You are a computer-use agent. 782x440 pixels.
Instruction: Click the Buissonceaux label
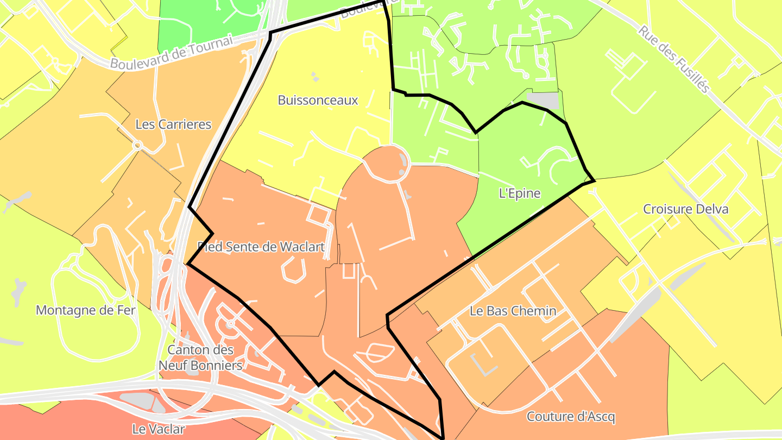click(x=318, y=100)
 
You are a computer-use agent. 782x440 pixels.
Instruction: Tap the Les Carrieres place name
click(x=173, y=124)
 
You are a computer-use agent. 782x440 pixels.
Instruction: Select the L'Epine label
click(x=520, y=193)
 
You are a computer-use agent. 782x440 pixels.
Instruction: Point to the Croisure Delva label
click(x=685, y=209)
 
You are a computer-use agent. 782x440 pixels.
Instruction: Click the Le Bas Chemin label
click(x=513, y=311)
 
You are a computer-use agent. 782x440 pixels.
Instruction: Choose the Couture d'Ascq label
click(x=571, y=417)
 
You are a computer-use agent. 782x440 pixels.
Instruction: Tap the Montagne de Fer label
click(x=86, y=310)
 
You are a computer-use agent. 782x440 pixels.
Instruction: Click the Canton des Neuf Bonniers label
click(x=200, y=357)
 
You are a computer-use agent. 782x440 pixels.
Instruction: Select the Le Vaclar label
click(x=159, y=429)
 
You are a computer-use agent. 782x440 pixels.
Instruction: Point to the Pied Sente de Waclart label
click(x=261, y=247)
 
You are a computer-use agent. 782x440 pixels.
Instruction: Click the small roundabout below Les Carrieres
click(x=137, y=146)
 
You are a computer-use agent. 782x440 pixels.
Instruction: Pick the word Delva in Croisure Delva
click(x=711, y=209)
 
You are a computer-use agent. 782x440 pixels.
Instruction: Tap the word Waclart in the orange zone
click(x=301, y=247)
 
